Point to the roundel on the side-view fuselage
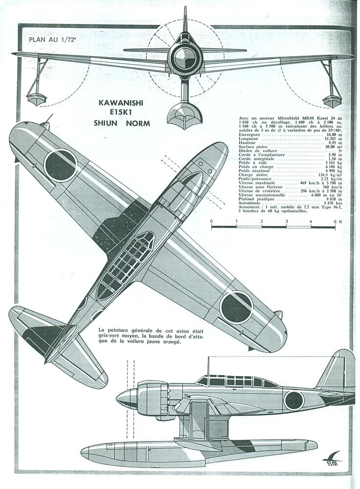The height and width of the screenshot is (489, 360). point(294,400)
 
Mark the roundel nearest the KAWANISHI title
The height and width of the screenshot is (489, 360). point(60,164)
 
